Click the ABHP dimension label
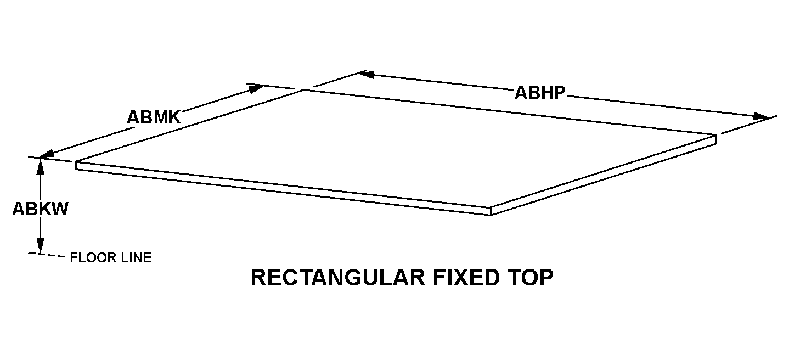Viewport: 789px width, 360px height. click(540, 93)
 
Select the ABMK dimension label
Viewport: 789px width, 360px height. click(154, 117)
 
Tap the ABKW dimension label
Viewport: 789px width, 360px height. click(40, 209)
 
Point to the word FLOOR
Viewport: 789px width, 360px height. click(93, 257)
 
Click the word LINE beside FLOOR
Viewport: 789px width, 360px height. click(136, 257)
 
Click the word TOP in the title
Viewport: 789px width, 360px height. click(531, 277)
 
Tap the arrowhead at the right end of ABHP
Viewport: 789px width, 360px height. click(761, 116)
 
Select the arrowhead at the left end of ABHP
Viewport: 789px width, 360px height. click(367, 74)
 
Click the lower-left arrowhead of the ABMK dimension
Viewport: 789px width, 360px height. click(46, 154)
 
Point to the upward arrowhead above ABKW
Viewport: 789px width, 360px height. click(41, 167)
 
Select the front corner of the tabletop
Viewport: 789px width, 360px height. click(491, 207)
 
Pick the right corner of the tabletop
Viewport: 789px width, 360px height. click(716, 134)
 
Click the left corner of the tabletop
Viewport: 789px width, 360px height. click(76, 162)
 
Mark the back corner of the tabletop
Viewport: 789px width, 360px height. click(304, 90)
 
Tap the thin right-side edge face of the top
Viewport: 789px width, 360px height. click(604, 175)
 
